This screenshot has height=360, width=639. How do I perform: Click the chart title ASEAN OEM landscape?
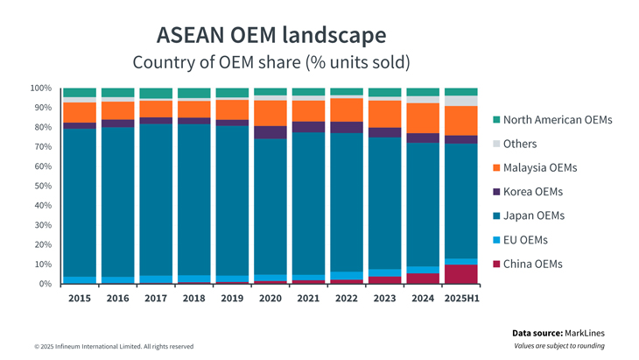(270, 35)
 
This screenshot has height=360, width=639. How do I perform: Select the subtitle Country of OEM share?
(270, 63)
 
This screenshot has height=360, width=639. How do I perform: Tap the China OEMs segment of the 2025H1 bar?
(461, 274)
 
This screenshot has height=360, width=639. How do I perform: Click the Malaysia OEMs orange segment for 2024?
(423, 117)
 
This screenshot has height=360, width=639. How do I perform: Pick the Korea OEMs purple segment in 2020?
(270, 132)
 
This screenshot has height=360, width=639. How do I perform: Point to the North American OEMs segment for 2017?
(156, 93)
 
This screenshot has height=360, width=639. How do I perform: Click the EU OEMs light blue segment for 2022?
(347, 276)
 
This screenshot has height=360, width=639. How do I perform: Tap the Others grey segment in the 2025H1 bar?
(461, 101)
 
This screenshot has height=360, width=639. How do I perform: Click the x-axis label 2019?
(232, 298)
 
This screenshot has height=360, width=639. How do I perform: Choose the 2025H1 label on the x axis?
(461, 298)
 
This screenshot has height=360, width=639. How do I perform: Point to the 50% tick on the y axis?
(41, 186)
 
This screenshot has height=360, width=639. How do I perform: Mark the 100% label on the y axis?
(40, 88)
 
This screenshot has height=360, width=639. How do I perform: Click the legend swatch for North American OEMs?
(496, 120)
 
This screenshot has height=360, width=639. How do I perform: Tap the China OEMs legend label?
(533, 264)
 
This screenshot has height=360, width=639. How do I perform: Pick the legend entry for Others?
(520, 144)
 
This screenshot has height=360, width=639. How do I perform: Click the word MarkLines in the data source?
(585, 333)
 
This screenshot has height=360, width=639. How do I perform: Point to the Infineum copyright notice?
(114, 347)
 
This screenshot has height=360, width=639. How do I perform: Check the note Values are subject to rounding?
(559, 346)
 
